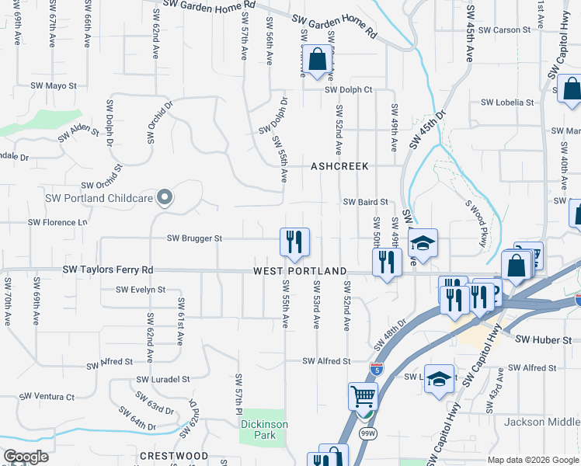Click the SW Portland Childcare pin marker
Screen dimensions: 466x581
point(164,198)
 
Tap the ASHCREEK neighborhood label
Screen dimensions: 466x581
point(339,166)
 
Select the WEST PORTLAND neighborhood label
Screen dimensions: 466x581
point(300,271)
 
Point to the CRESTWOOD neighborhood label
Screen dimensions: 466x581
point(174,455)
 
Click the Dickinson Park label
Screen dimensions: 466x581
point(264,429)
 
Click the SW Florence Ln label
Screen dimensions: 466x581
point(58,222)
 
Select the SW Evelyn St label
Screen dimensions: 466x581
point(141,290)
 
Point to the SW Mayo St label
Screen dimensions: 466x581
point(61,86)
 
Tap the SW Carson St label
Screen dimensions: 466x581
point(503,30)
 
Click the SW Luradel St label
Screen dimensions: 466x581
point(163,380)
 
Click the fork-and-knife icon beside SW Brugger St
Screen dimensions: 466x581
point(294,242)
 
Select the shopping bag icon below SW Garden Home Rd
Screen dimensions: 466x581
point(317,59)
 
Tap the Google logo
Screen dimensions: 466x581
point(26,457)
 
